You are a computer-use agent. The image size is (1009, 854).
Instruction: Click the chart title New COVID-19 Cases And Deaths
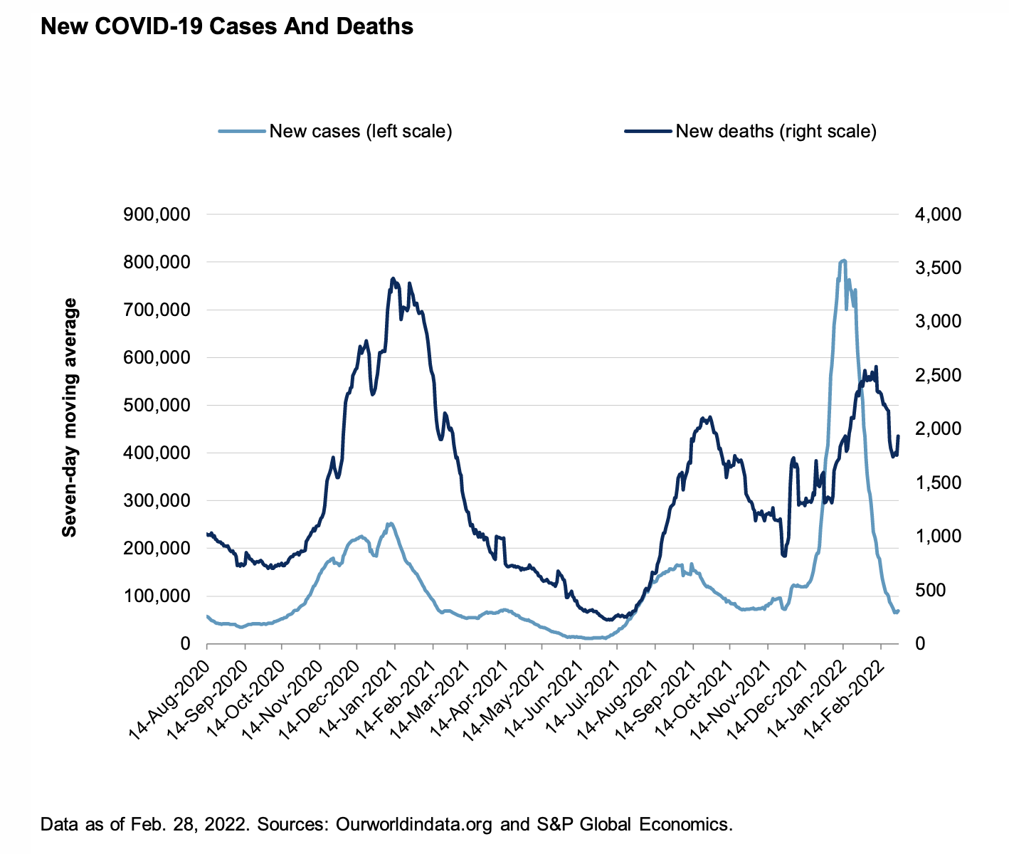click(227, 27)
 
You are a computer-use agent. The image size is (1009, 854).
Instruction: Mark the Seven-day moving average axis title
click(70, 417)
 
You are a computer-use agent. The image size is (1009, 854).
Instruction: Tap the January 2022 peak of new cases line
click(843, 260)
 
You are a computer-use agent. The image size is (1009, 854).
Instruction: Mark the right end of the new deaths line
click(898, 436)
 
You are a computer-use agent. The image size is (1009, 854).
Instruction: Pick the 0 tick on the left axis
click(185, 643)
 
